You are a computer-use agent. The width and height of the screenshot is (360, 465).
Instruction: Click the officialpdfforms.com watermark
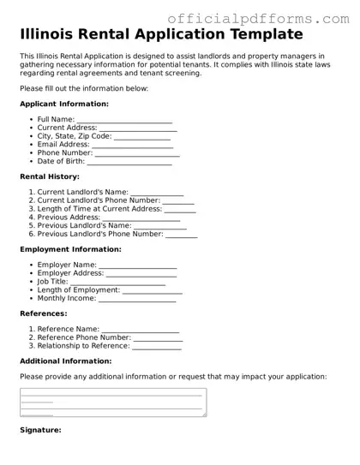click(x=262, y=18)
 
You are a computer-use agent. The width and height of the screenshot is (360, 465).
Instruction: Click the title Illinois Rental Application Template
click(x=161, y=35)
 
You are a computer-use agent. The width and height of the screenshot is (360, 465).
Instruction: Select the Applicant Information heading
click(x=64, y=104)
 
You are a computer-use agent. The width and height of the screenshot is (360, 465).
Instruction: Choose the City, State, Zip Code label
click(x=75, y=136)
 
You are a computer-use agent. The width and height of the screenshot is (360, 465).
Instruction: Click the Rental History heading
click(x=50, y=176)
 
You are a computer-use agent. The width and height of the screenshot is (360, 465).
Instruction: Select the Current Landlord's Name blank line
click(x=157, y=193)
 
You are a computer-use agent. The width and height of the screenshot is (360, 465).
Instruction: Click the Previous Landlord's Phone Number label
click(x=100, y=234)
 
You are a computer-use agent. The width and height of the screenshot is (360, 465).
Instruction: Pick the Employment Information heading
click(x=70, y=249)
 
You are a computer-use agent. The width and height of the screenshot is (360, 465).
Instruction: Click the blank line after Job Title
click(x=117, y=282)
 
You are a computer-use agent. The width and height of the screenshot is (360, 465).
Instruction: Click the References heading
click(x=44, y=313)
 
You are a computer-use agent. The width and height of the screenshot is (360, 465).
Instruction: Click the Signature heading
click(x=40, y=430)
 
